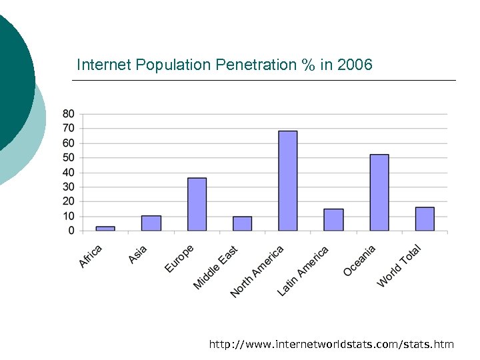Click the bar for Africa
click(x=105, y=229)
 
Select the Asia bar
click(x=151, y=223)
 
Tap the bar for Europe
click(x=197, y=205)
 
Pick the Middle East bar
click(x=242, y=223)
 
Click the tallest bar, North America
click(x=287, y=181)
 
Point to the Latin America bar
click(x=333, y=220)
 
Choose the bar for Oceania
click(x=379, y=193)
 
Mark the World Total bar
click(x=425, y=219)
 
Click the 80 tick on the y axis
click(x=69, y=113)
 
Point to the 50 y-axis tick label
click(x=69, y=157)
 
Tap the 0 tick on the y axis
click(x=71, y=231)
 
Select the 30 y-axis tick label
click(x=69, y=187)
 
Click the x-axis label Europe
click(x=179, y=259)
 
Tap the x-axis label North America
click(x=257, y=271)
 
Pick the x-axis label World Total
click(x=399, y=267)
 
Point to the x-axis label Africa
click(x=91, y=257)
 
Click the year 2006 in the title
click(x=355, y=65)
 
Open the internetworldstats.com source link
click(x=331, y=344)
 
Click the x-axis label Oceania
click(x=360, y=261)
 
